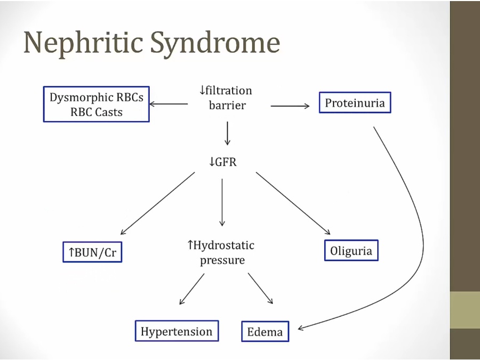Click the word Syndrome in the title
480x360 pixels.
(215, 43)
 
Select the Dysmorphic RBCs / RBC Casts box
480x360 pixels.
(97, 105)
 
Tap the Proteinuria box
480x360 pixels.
(355, 102)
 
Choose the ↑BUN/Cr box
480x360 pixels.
(92, 253)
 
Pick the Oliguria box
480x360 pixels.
(351, 251)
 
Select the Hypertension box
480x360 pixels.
(177, 331)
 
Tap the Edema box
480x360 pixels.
(265, 332)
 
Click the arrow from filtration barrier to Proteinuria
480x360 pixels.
(290, 106)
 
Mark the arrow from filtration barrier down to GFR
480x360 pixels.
(228, 133)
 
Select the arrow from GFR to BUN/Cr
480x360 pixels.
(157, 203)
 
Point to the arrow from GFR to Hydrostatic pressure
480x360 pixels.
(222, 203)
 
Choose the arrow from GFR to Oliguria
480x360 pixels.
(293, 203)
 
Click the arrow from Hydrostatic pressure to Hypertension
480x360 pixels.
(191, 289)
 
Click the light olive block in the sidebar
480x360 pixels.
(465, 310)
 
